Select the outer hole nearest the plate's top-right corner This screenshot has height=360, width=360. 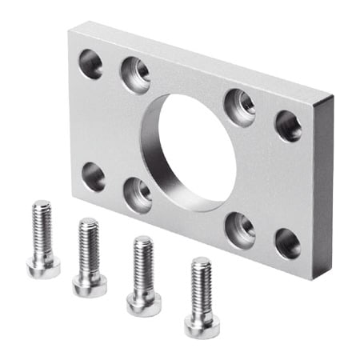(x=288, y=126)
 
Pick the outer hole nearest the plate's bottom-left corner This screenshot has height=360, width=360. (x=94, y=176)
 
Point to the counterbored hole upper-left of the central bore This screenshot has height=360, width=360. (x=136, y=75)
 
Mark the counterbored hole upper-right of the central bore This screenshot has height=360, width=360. (x=239, y=107)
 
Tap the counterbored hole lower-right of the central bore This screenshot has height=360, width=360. (x=239, y=227)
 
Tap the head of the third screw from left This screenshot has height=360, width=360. (x=144, y=302)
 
